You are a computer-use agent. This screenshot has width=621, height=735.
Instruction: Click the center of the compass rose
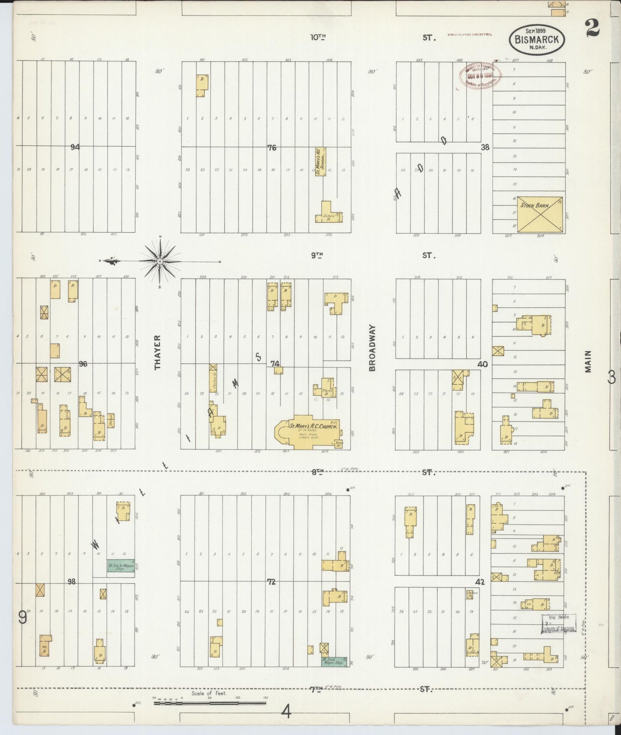(160, 261)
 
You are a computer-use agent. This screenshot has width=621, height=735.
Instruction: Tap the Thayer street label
(158, 352)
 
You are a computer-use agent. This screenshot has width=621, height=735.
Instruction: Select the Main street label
(588, 361)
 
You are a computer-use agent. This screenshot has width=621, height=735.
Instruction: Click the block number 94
(75, 147)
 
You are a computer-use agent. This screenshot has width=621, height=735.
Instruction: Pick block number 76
(272, 147)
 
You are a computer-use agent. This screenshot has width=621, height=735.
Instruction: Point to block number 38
(485, 147)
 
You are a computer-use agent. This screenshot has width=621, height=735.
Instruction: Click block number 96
(83, 364)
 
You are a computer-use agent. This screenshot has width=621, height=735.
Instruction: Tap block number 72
(271, 582)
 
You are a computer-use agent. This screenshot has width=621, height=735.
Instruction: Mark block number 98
(71, 582)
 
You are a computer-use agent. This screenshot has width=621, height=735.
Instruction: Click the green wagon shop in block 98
(121, 567)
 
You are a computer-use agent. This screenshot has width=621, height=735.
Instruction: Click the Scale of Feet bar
(210, 704)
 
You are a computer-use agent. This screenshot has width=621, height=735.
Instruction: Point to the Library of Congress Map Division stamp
(558, 623)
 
